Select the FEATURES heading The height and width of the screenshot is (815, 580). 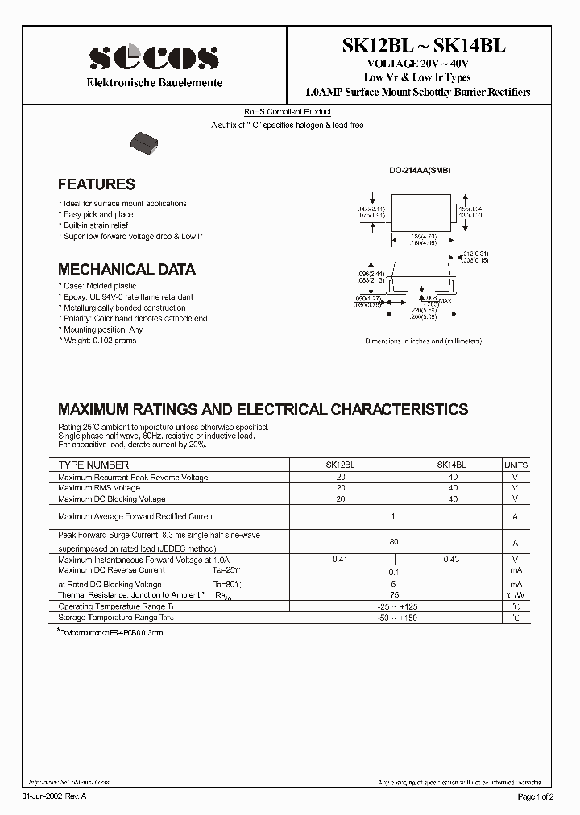tap(97, 184)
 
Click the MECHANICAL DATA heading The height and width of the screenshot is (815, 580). tap(126, 270)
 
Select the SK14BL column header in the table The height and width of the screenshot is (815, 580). tap(451, 465)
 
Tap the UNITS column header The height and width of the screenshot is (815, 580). tap(516, 465)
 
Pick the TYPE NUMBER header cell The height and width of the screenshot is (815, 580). tap(93, 465)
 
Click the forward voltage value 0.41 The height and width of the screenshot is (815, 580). tap(341, 559)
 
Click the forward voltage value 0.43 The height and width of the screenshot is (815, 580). tap(451, 559)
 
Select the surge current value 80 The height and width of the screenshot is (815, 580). tap(393, 542)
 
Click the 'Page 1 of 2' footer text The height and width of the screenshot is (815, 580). tap(535, 796)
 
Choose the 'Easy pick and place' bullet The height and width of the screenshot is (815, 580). tap(96, 215)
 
